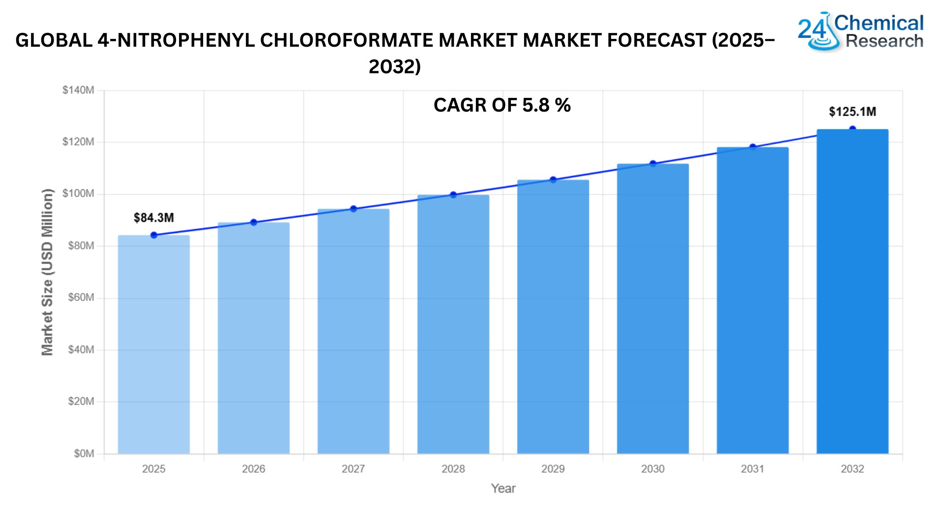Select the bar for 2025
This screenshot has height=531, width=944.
point(154,344)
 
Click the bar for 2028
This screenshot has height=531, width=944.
point(453,324)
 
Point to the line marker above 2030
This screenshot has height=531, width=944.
point(653,164)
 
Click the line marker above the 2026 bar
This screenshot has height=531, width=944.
point(254,222)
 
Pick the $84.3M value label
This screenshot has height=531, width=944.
point(154,218)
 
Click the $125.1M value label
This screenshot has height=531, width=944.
point(853,112)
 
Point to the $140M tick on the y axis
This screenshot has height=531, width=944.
point(78,90)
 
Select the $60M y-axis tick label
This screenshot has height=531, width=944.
point(81,297)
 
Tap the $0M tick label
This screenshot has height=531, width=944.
point(84,453)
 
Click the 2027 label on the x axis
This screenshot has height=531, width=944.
point(354,469)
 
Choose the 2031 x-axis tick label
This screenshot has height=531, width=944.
point(753,469)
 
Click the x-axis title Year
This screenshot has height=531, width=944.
point(503,489)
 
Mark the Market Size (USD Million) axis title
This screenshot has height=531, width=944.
point(47,272)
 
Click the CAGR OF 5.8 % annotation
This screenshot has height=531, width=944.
point(502,105)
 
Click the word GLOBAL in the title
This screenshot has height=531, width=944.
point(54,40)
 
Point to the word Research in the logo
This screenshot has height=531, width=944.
point(885,41)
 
